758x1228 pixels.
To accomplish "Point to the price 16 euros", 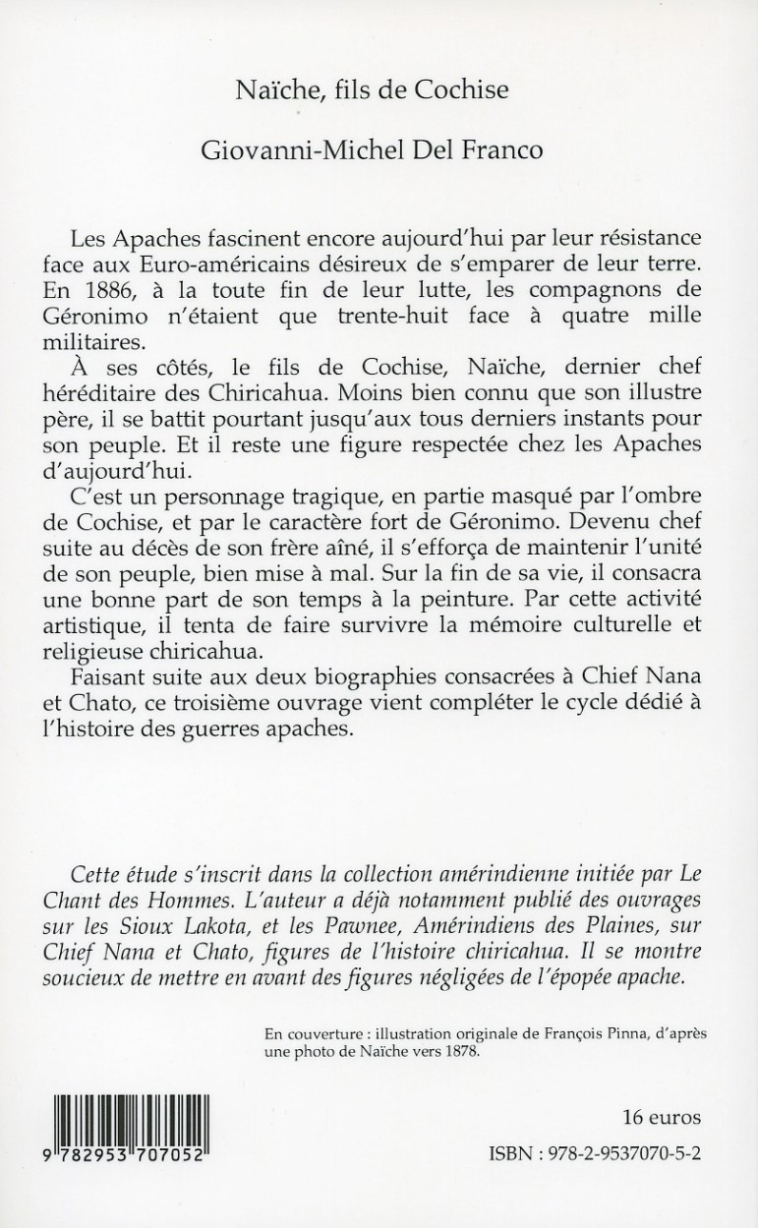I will [661, 1118].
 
